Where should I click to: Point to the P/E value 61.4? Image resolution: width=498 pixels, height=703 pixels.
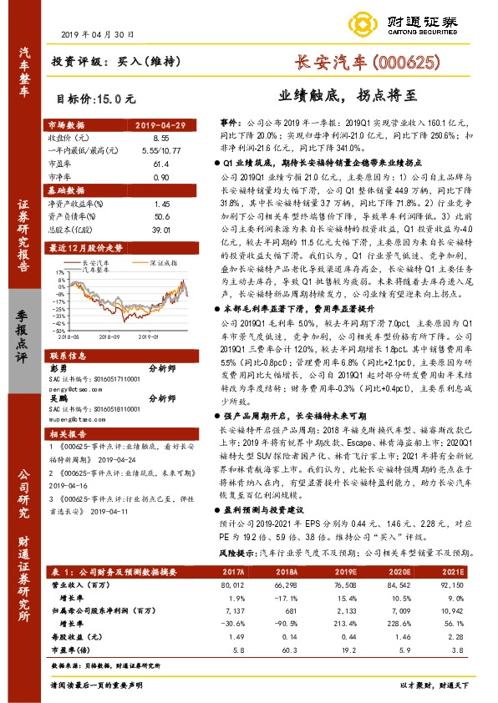point(162,164)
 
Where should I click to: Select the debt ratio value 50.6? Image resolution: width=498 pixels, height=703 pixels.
point(162,215)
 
